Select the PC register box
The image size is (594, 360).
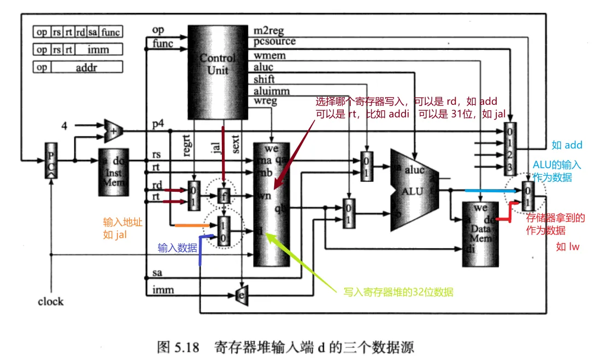[50, 160]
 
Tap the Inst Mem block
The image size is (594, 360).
[113, 172]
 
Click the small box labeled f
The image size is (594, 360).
[223, 194]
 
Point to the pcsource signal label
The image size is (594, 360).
[275, 42]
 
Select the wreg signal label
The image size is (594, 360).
[266, 101]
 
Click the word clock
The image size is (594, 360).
[50, 302]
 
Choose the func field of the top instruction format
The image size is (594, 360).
[111, 32]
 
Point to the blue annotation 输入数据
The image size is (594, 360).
[177, 247]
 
